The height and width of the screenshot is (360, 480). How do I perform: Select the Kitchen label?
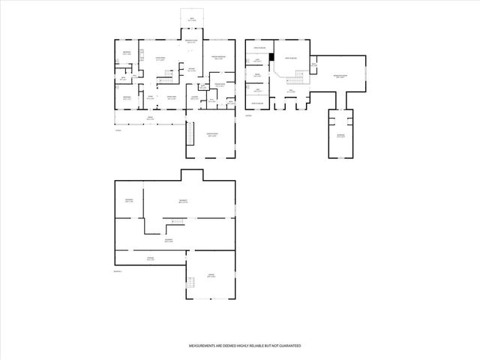192,70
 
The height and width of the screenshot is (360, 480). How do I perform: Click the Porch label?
150,117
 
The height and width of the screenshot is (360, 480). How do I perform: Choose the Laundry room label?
193,97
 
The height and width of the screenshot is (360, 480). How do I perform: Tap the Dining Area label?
172,97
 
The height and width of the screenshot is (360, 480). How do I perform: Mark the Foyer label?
150,97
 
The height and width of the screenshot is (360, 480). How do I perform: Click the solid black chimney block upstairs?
271,55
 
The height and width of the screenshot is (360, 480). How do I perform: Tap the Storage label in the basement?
151,259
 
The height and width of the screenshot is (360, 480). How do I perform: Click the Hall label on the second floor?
291,91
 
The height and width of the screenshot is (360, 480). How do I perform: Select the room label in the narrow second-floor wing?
341,136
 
